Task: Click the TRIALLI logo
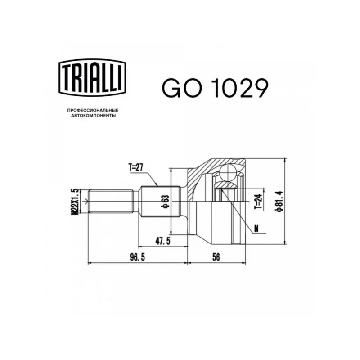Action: pos(92,77)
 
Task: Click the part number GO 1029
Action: pos(215,88)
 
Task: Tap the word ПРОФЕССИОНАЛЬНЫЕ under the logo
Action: pos(93,110)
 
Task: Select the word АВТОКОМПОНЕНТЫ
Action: pos(93,116)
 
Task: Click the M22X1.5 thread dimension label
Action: pos(75,202)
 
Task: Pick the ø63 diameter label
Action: pos(165,202)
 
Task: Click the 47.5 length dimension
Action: pos(163,241)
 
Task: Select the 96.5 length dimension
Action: pos(138,257)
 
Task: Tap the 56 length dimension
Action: pos(216,257)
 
